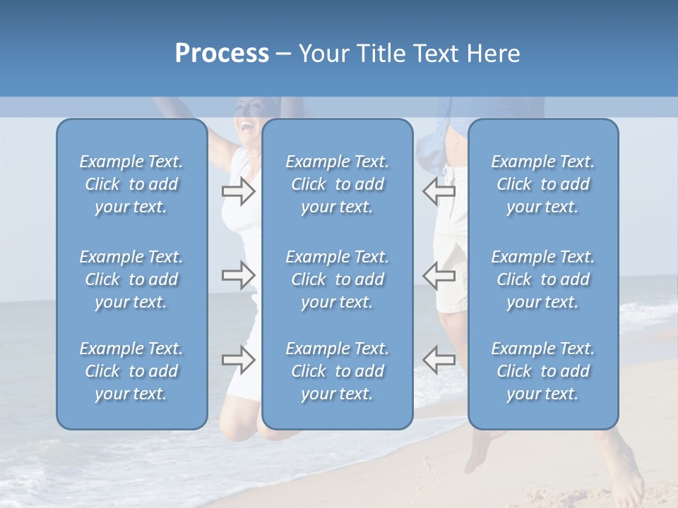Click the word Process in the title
click(222, 54)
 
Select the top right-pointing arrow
click(238, 191)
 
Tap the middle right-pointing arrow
click(238, 275)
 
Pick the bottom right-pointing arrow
click(238, 360)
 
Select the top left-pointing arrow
click(439, 191)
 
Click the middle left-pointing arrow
click(439, 275)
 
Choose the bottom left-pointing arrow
click(439, 360)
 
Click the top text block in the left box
click(131, 184)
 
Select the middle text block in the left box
click(131, 279)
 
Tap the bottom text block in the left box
click(131, 371)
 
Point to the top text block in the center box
click(337, 184)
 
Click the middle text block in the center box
click(337, 279)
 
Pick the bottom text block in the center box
click(337, 371)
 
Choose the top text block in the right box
click(542, 184)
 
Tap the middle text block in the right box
click(542, 279)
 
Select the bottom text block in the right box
click(542, 371)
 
